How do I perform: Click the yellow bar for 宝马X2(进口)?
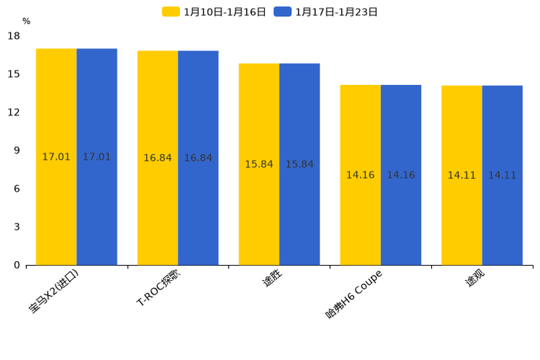[x=57, y=157]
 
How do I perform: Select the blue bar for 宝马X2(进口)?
[x=97, y=157]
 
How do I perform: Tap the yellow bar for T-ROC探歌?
[x=157, y=157]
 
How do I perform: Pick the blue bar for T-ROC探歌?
[x=198, y=157]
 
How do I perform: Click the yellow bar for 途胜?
[x=259, y=164]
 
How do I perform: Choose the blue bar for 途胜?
[x=300, y=164]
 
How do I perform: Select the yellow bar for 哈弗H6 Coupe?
[x=360, y=175]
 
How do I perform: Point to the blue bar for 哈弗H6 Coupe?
[x=401, y=175]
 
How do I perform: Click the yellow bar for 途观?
[x=462, y=175]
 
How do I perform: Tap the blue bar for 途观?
[x=502, y=175]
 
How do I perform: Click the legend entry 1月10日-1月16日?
[x=214, y=12]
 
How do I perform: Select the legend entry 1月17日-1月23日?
[x=326, y=12]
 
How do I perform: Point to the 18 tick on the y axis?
[x=14, y=36]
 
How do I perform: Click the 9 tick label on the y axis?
[x=17, y=150]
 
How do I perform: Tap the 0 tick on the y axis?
[x=17, y=265]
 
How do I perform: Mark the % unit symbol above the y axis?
[x=26, y=21]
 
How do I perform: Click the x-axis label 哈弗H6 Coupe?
[x=353, y=294]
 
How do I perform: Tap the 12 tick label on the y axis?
[x=14, y=112]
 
